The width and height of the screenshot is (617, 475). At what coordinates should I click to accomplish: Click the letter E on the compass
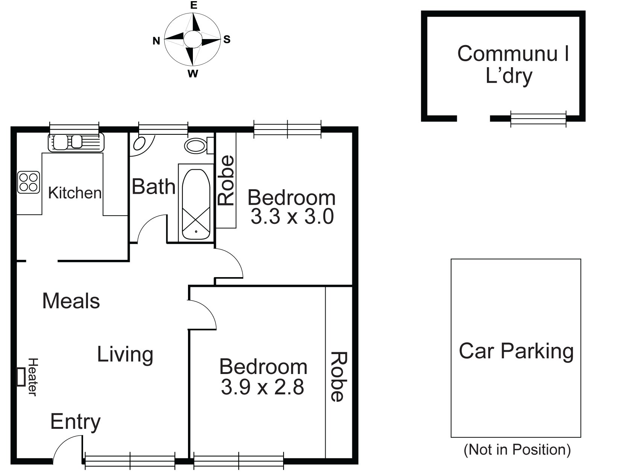click(194, 5)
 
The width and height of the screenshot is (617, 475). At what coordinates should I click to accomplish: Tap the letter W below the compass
click(193, 74)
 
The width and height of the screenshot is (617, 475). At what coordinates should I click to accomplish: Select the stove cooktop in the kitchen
click(29, 182)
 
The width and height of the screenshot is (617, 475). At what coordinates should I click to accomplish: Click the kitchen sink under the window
click(76, 142)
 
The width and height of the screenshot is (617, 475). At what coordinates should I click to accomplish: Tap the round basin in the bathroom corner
click(140, 143)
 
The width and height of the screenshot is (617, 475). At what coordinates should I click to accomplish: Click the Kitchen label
click(75, 193)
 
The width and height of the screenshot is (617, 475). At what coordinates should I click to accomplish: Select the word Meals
click(71, 301)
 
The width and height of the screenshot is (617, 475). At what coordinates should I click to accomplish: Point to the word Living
click(125, 354)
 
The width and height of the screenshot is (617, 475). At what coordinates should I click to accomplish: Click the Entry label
click(76, 422)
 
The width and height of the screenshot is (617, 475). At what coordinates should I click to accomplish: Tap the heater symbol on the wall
click(21, 377)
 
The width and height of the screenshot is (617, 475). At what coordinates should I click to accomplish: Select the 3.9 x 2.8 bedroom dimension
click(263, 387)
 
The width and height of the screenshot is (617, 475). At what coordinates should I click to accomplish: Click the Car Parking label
click(516, 351)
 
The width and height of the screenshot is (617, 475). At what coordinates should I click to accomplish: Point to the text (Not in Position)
click(517, 450)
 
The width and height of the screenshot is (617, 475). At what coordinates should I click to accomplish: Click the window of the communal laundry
click(538, 119)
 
